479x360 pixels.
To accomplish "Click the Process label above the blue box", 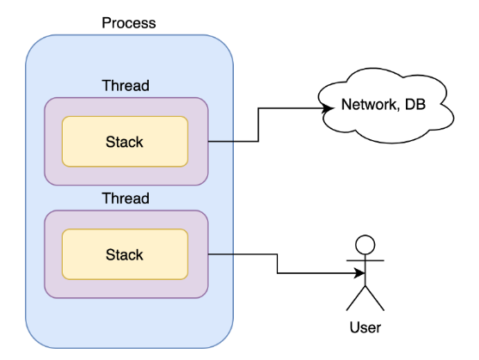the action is pos(129,23).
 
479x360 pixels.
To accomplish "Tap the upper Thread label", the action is pos(126,85).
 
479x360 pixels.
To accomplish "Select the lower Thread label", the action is pos(126,198).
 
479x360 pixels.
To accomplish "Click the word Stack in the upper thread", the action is pos(125,142).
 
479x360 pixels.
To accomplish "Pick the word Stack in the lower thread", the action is pos(125,254).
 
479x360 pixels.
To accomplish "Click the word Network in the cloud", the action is pos(369,105).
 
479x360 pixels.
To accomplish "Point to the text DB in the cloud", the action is pos(415,104).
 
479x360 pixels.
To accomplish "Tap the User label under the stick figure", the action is pos(365,327).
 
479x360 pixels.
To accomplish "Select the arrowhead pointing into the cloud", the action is pos(328,108).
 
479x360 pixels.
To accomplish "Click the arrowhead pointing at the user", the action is pos(359,273).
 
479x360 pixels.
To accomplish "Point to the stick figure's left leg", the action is pos(356,298).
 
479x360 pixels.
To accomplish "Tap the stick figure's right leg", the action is pos(375,298).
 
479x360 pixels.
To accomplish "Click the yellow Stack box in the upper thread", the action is pos(125,142).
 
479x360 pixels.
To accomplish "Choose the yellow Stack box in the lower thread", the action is pos(125,254).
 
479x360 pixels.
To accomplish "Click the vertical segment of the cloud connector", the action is pos(259,125).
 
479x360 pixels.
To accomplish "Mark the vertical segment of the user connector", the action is pos(278,264).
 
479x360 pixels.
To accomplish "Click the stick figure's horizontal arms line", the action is pos(365,260).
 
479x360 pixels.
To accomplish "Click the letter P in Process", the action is pos(107,23).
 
